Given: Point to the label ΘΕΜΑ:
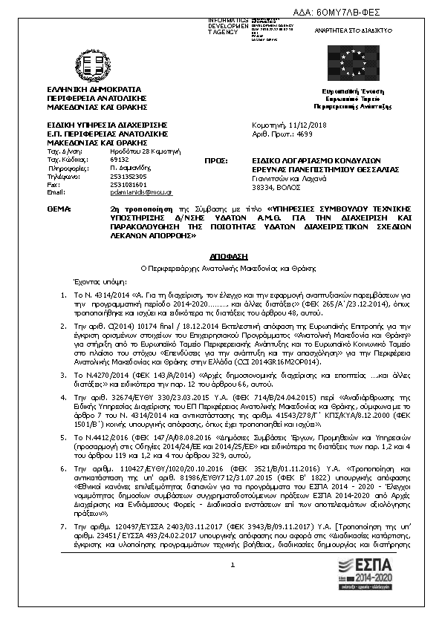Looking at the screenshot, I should click(x=59, y=210).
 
